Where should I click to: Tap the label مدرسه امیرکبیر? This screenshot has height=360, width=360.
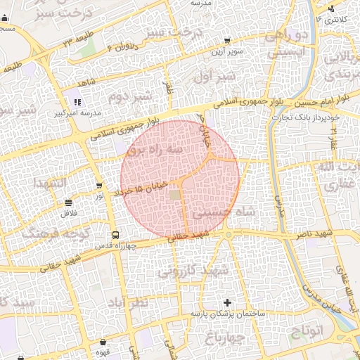[78, 112]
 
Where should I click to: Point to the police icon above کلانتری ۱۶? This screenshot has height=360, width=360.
[330, 9]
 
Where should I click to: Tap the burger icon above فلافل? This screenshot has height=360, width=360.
[68, 202]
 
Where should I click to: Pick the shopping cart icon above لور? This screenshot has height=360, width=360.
[99, 186]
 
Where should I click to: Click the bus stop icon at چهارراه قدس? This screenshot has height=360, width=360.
[115, 235]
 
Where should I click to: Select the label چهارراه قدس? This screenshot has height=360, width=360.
[115, 246]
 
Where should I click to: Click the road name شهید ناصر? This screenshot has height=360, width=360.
[334, 232]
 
